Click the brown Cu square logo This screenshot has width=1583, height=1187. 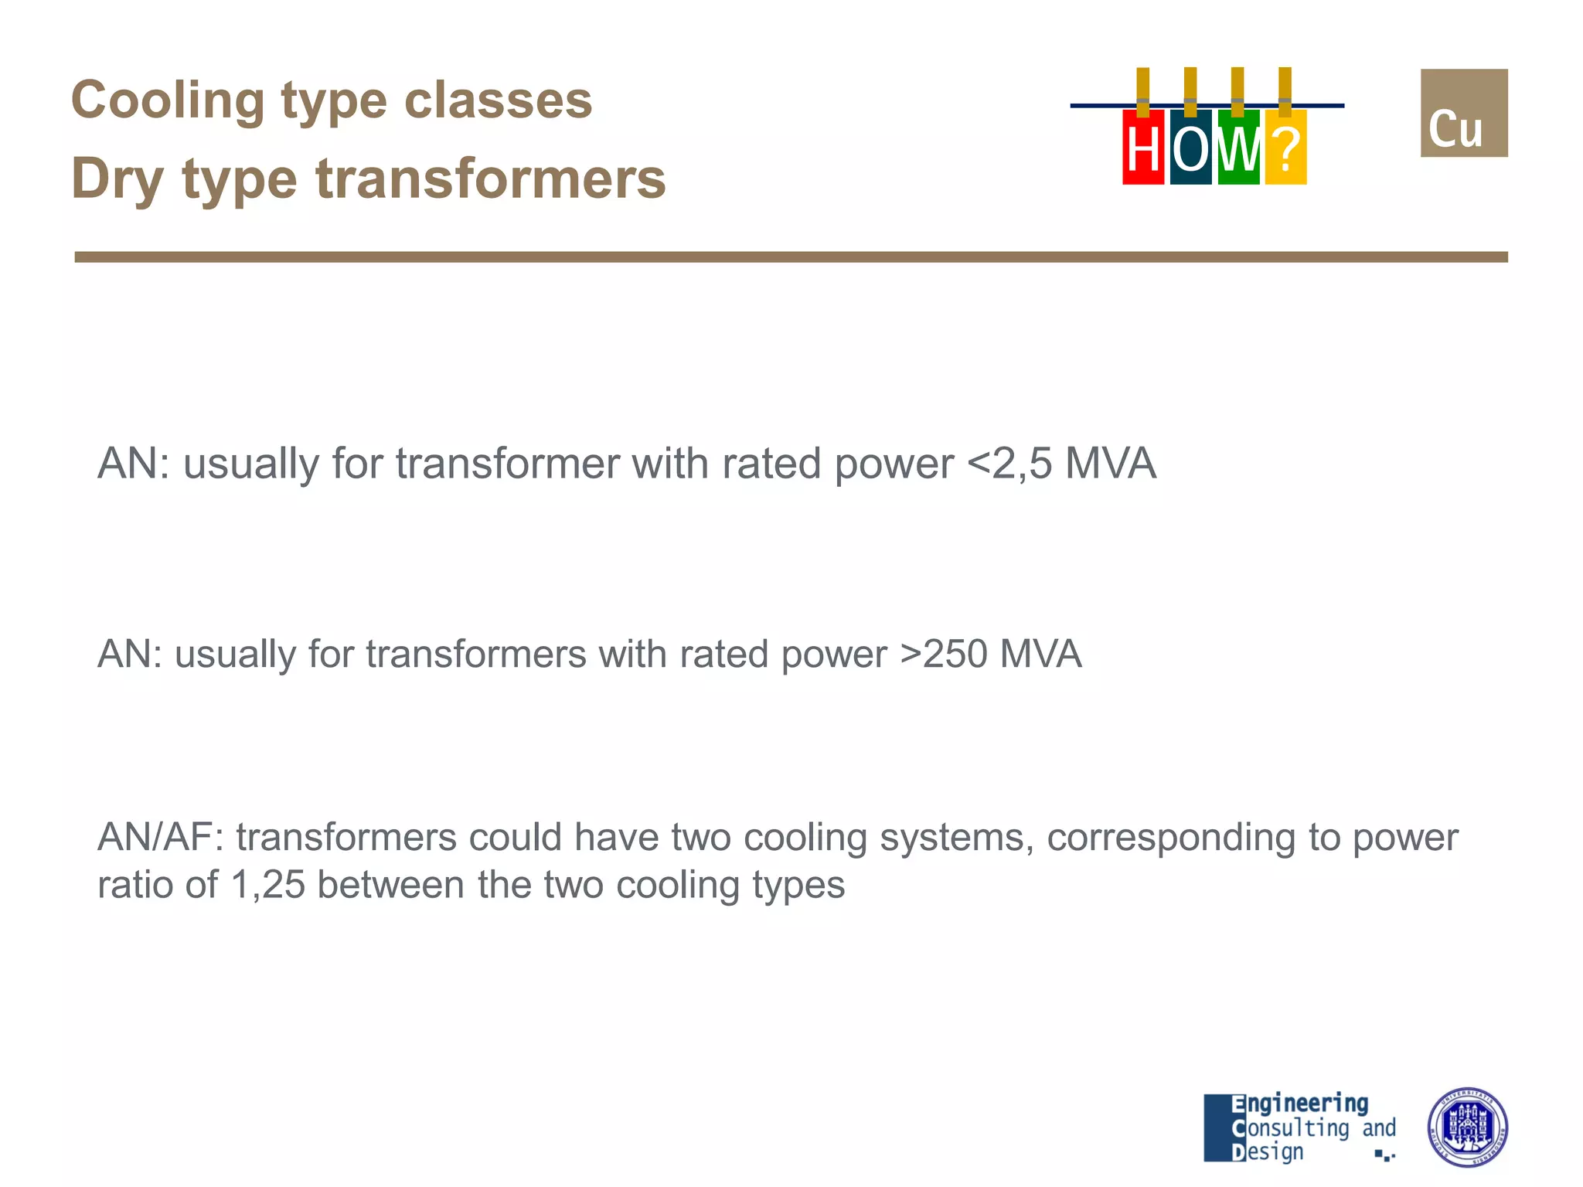1464,113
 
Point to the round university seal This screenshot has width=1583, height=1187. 1466,1127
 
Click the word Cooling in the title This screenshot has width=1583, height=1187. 167,100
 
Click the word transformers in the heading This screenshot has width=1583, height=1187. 491,179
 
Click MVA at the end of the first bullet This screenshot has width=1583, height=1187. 1111,464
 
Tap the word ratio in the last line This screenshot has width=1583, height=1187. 134,885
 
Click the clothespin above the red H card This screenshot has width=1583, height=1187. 1143,91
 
